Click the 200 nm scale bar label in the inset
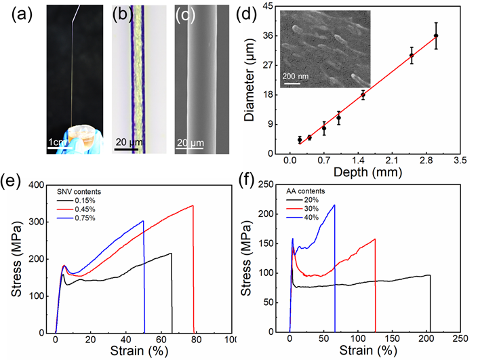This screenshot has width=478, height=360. [295, 75]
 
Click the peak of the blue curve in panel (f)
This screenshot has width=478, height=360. [334, 205]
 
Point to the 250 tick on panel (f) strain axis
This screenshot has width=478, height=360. [458, 339]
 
